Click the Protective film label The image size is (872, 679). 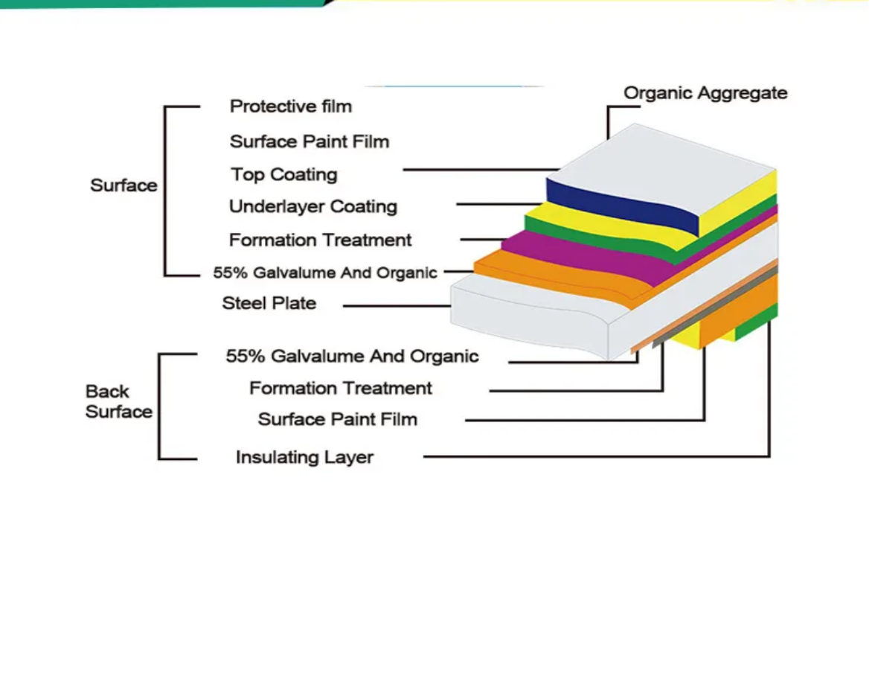click(290, 106)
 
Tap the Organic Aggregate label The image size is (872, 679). click(705, 93)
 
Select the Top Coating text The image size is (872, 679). click(283, 175)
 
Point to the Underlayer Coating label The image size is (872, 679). click(312, 207)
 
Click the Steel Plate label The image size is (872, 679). click(269, 304)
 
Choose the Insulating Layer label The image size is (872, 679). click(304, 457)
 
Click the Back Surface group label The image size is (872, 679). click(118, 401)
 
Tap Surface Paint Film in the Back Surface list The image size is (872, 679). click(337, 420)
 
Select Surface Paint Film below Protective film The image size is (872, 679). click(309, 141)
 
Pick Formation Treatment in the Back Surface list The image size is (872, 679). click(340, 389)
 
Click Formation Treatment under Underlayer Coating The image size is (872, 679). click(320, 240)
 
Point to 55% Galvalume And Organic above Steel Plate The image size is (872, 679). click(324, 272)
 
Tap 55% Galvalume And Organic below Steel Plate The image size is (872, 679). click(352, 357)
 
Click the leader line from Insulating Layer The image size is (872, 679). click(595, 456)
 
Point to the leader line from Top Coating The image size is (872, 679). click(476, 170)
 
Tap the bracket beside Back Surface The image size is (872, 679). click(160, 406)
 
